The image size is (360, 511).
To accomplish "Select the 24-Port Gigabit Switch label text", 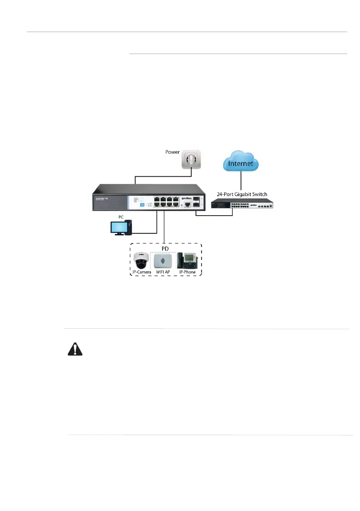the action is (242, 194).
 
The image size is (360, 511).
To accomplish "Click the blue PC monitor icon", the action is (118, 227).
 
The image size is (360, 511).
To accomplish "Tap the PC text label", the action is (121, 217).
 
